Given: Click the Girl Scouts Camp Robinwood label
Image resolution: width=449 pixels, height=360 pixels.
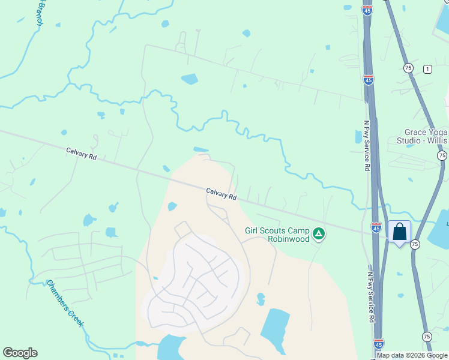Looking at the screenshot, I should coord(277,234).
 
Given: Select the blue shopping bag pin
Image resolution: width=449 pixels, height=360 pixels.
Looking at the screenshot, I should coord(399,232).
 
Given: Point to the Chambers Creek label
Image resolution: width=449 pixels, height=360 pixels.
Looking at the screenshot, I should coord(65,303).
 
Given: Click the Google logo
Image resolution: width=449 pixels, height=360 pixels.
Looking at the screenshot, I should coord(20,353).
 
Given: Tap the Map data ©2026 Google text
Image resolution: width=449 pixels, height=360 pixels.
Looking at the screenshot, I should coord(412,355).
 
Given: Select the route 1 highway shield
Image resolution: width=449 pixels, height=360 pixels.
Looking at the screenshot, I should coord(427,68).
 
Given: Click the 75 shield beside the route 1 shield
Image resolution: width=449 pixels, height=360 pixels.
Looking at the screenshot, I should coord(409,68).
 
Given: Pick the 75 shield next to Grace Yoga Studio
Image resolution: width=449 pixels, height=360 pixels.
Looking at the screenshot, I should coord(442,155).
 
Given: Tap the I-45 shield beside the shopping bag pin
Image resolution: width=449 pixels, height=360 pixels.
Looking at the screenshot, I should coord(376,227).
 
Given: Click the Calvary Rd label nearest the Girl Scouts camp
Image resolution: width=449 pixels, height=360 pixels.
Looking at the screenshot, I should coord(221,194).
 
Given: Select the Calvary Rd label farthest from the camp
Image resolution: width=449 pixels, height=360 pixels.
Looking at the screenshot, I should coord(82,156).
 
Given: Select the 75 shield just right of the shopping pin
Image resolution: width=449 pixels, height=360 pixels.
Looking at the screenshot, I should coord(415,244).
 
